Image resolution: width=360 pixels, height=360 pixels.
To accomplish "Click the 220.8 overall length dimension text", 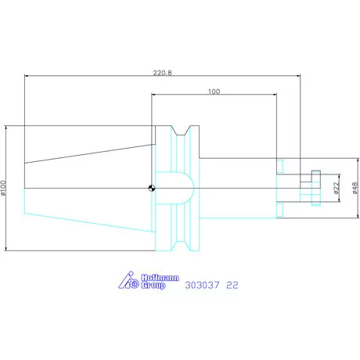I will [162, 70].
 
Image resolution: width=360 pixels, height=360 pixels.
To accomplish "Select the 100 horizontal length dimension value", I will [214, 91].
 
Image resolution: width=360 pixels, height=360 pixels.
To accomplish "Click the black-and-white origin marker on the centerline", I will [152, 187].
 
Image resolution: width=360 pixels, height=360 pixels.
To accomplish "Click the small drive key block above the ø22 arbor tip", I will [315, 174].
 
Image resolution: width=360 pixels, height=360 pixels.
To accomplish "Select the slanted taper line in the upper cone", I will [86, 152].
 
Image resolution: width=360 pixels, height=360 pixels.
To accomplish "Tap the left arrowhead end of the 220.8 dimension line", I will [25, 76].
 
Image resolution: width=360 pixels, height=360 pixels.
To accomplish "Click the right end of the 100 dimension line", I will [276, 95].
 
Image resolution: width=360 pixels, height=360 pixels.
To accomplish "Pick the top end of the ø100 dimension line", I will [9, 125].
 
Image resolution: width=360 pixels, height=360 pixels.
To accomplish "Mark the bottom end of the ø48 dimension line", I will [349, 218].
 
